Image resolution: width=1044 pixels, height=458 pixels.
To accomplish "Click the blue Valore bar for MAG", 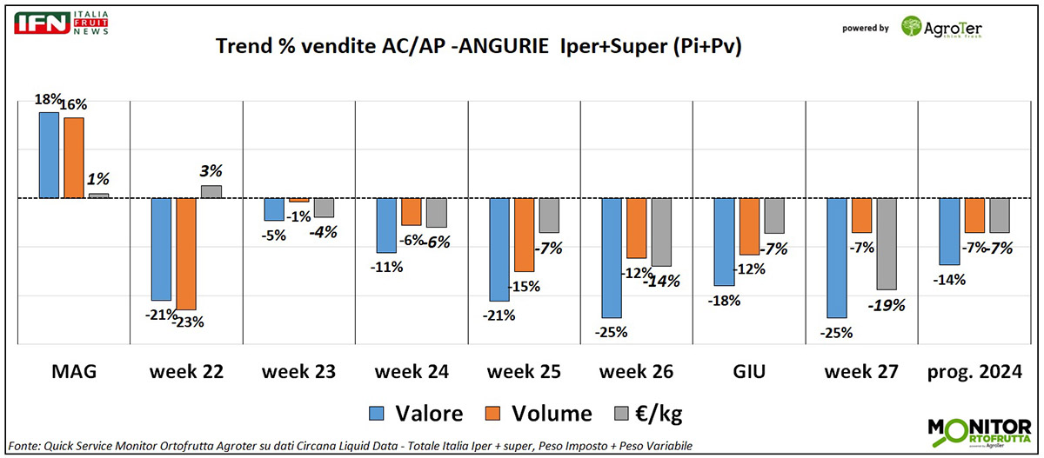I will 49,155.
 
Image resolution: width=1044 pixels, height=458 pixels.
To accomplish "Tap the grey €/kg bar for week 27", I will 887,243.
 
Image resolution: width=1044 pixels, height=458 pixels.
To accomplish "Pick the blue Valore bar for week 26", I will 612,257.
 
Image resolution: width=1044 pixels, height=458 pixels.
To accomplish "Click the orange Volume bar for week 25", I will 524,235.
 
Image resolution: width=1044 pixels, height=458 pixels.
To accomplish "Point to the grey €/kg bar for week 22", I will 211,191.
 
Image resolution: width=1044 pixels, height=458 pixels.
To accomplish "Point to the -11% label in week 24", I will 387,268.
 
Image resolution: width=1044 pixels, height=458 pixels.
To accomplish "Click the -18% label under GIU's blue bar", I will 724,301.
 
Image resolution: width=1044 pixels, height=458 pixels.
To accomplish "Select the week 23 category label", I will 299,372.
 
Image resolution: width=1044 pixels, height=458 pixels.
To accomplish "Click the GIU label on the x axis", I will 748,372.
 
